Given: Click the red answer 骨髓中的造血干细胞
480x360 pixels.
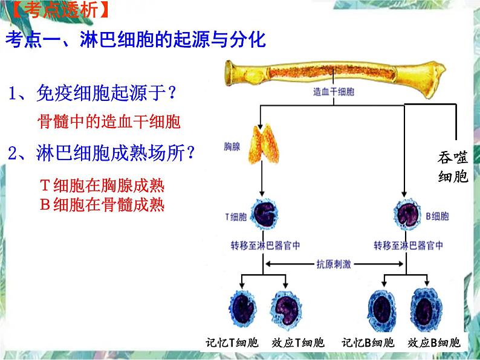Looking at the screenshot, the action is (109, 121).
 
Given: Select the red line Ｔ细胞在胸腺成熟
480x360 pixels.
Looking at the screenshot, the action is (102, 185).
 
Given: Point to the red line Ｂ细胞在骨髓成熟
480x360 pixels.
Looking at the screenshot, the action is (102, 205).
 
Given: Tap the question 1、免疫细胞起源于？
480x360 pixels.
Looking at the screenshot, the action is (93, 94).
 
